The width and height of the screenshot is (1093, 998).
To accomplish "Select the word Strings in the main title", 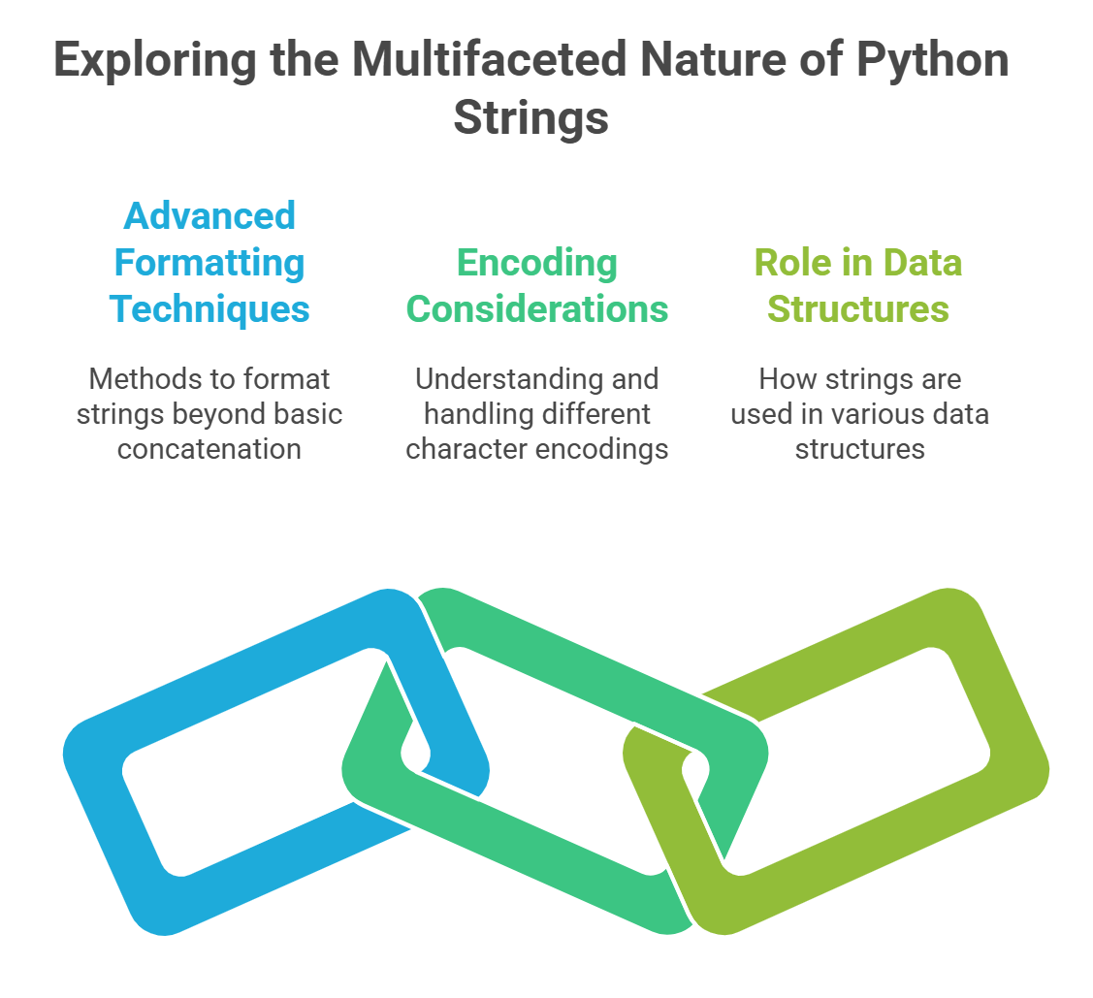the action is pyautogui.click(x=531, y=118).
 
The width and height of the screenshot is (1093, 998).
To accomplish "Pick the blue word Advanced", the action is pyautogui.click(x=209, y=215).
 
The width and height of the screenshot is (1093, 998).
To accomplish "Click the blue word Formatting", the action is pyautogui.click(x=209, y=262).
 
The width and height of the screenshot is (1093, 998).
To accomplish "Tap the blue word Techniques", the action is pyautogui.click(x=209, y=308).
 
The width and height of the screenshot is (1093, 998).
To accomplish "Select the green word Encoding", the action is pyautogui.click(x=536, y=262).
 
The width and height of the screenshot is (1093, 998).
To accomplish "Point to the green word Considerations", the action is pyautogui.click(x=536, y=308).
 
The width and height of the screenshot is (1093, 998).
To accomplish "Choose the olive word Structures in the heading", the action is pyautogui.click(x=858, y=308).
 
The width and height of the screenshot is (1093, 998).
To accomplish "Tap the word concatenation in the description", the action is pyautogui.click(x=209, y=449).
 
